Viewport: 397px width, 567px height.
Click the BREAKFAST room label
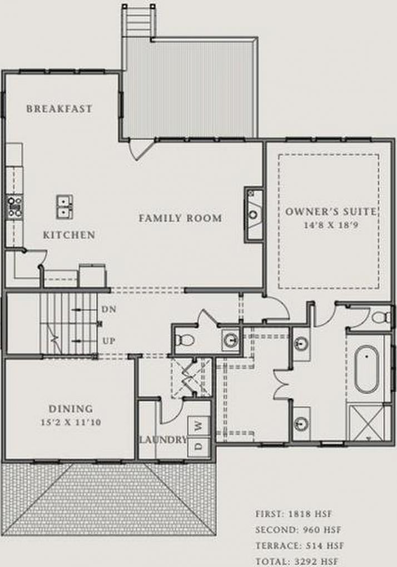pos(59,108)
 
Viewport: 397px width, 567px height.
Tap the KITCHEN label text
pos(69,235)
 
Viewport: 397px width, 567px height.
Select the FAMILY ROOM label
pos(180,218)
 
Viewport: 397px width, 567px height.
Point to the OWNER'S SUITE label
pos(331,212)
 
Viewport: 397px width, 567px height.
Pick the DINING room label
pos(71,409)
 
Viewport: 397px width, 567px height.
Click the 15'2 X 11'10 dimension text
pos(71,422)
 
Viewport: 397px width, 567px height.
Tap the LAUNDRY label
pos(163,440)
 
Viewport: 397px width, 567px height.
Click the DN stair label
pos(108,309)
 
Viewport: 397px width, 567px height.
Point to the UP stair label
pos(109,341)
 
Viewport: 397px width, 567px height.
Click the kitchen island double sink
pos(64,207)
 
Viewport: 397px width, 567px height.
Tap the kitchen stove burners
pos(15,207)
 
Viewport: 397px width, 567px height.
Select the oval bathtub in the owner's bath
pos(366,369)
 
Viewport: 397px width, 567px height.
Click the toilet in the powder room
pos(185,340)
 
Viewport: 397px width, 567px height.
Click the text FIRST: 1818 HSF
pos(294,514)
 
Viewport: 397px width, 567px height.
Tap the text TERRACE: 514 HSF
pos(300,546)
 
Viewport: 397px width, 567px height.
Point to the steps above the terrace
pos(139,20)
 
